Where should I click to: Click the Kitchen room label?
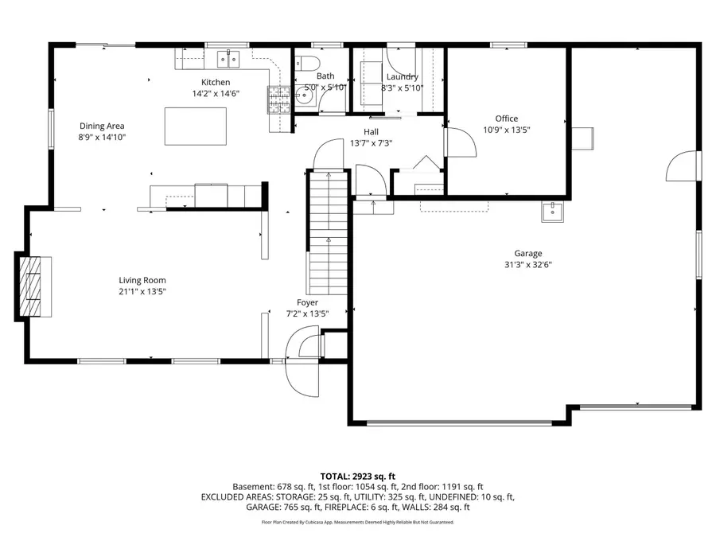pos(216,82)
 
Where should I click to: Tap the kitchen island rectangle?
pos(195,126)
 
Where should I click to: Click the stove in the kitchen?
pos(278,99)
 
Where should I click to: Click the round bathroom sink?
pos(303,96)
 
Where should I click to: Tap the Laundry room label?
pos(402,76)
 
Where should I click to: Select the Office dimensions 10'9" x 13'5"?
pos(507,130)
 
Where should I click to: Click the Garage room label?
pos(527,254)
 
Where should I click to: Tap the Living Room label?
pos(142,280)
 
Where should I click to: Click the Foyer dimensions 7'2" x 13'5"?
pos(307,313)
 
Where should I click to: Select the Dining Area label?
pos(102,126)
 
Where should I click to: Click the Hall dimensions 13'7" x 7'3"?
pos(371,143)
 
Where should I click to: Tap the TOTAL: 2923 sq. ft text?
pos(357,475)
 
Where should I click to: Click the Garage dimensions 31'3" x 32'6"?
pos(527,265)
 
